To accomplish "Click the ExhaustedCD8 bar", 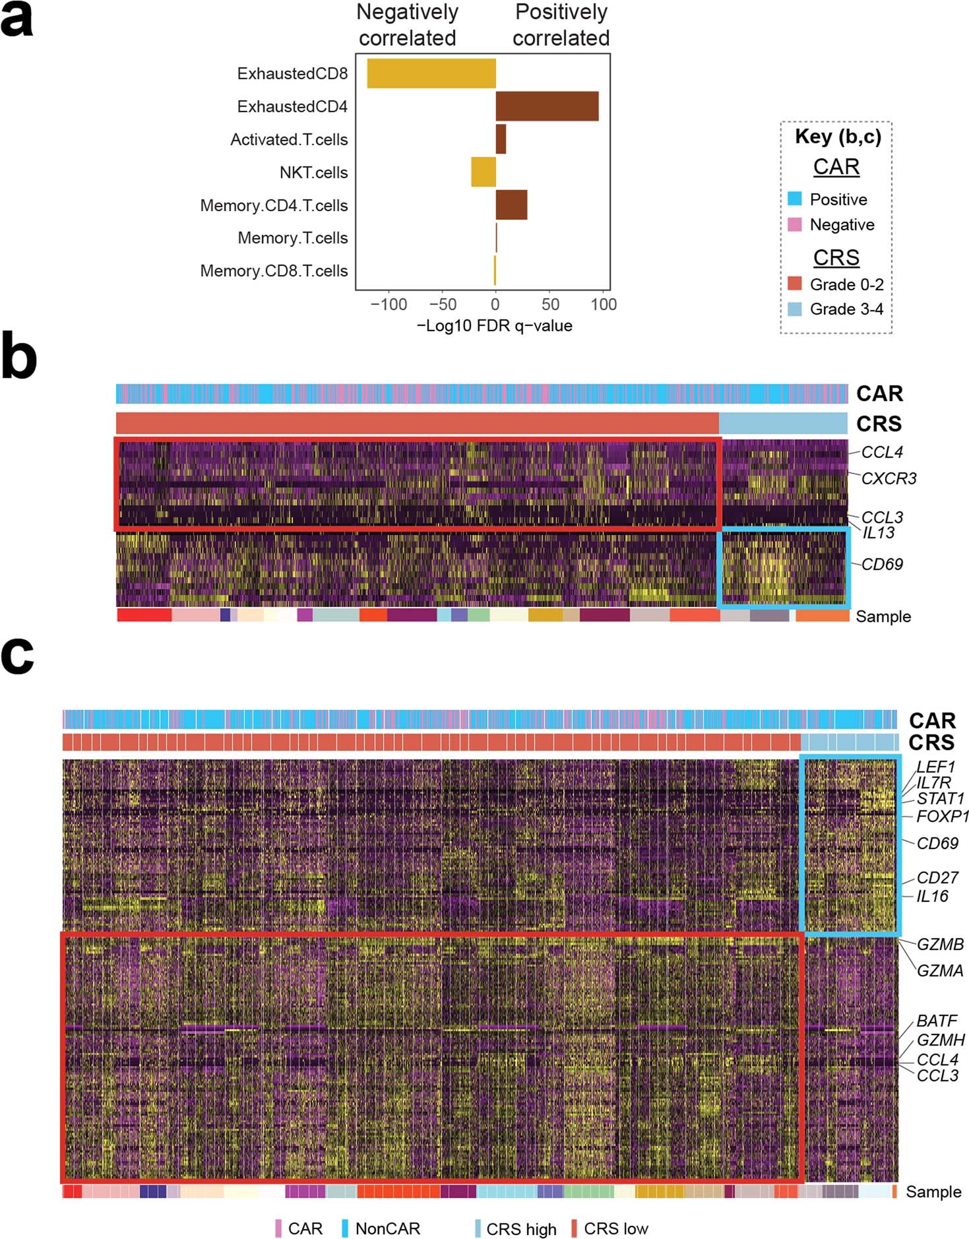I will (x=431, y=73).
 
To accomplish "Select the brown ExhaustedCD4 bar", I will (x=547, y=106).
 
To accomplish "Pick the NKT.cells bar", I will (x=483, y=172).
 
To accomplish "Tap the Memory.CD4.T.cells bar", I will (x=511, y=205).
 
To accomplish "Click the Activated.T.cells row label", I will (x=289, y=140).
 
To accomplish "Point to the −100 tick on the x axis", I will (x=389, y=305).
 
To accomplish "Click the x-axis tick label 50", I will (x=550, y=305).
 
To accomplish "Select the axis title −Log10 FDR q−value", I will (x=495, y=326).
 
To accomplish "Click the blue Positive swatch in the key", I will (x=795, y=199).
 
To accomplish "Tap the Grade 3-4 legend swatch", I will (x=795, y=309).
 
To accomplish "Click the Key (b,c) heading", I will (x=838, y=137).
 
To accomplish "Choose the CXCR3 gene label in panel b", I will (x=889, y=478).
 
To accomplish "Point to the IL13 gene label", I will (x=879, y=532).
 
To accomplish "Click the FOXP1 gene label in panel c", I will (x=943, y=817).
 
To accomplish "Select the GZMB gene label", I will (x=940, y=944).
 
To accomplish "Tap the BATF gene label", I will (x=937, y=1021).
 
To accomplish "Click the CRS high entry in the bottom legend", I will (x=521, y=1229).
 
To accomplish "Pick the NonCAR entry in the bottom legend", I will (x=387, y=1228).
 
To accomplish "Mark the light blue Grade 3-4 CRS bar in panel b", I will (x=783, y=423).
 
